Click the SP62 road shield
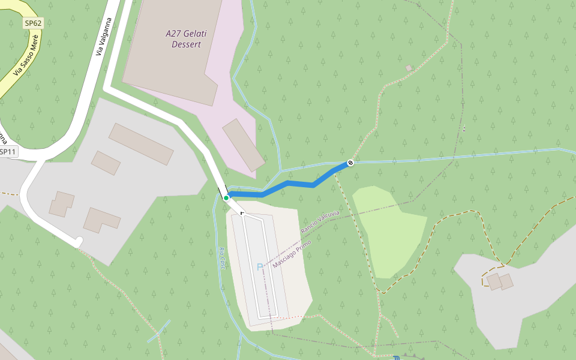[34, 23]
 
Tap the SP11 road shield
[8, 152]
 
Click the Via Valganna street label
[104, 37]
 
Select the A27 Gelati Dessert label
[186, 39]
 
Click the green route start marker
[226, 197]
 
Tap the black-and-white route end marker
[350, 163]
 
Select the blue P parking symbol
[260, 267]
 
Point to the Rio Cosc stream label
[222, 258]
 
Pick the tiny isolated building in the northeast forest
[409, 68]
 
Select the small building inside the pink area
[244, 145]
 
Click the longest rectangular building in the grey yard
[141, 144]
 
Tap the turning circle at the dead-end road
[79, 242]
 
